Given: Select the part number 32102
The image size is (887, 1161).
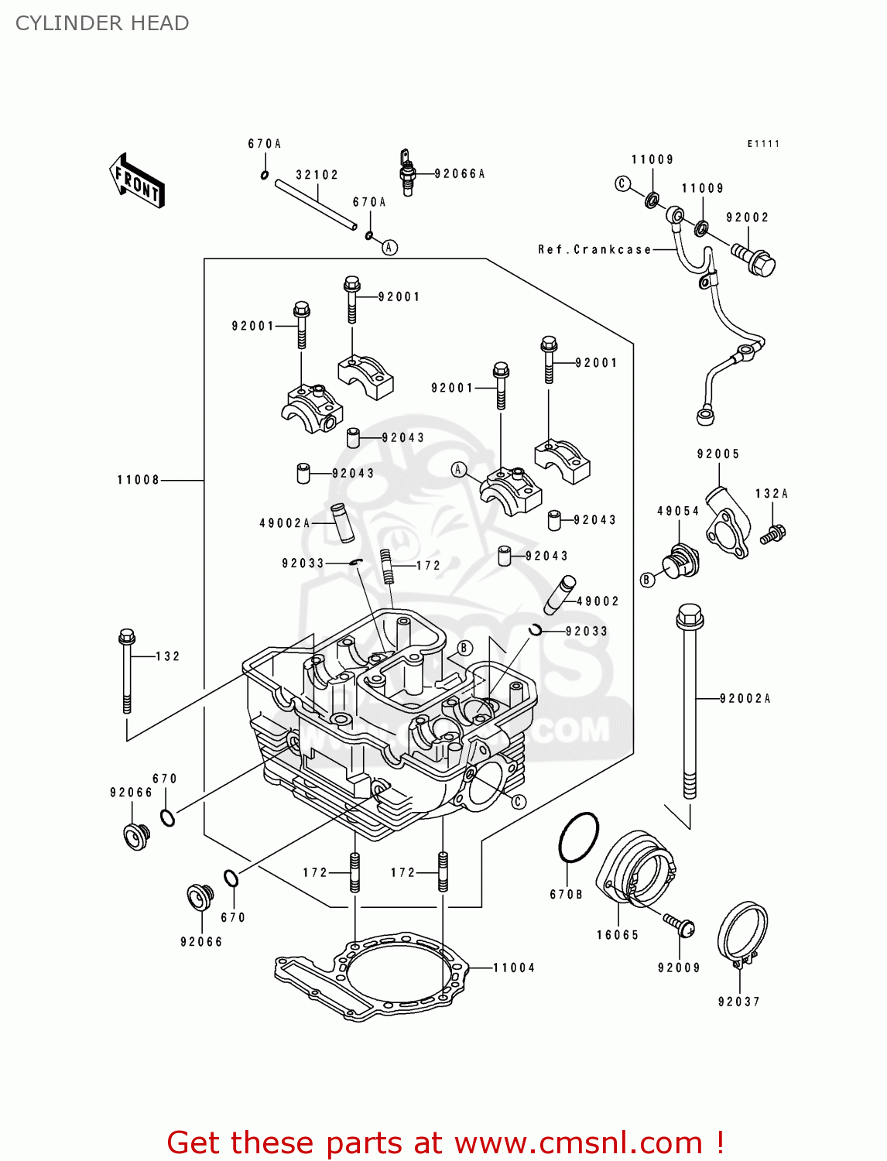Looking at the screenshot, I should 317,175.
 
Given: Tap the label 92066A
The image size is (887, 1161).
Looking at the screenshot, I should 460,174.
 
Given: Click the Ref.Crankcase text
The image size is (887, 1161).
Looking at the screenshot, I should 594,249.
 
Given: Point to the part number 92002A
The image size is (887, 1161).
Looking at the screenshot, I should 745,699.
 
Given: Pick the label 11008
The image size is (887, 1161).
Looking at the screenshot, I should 138,480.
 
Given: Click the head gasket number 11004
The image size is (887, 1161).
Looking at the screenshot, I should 514,967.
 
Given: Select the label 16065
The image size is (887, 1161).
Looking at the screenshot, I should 617,935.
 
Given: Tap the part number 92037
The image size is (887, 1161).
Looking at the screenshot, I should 738,1002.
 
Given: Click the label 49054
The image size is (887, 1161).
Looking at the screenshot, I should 678,511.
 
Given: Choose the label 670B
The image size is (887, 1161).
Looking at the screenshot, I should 566,894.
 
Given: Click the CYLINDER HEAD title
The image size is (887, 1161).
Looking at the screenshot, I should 102,23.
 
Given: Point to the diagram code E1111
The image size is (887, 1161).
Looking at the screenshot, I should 763,144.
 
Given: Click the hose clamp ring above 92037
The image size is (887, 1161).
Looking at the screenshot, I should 742,933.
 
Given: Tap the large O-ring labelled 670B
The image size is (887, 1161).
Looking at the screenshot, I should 578,837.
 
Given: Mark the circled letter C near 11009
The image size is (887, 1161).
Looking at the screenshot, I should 622,183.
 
